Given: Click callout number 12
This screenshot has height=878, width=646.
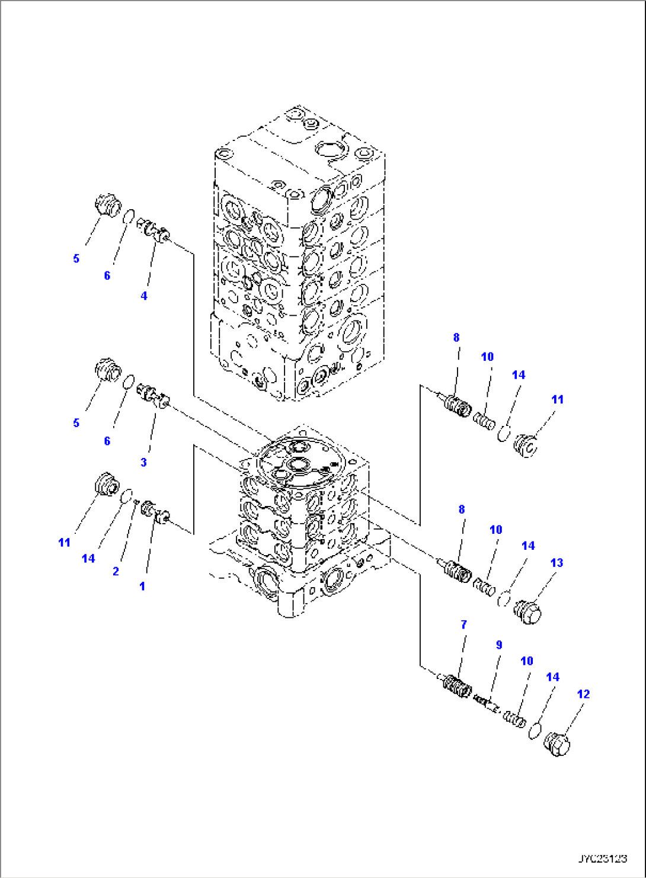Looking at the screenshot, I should [x=583, y=694].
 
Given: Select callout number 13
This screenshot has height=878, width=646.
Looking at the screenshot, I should [x=557, y=563].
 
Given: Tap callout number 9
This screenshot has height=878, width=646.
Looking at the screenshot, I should [x=499, y=645].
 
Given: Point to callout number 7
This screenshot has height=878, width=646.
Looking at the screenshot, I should [x=463, y=624].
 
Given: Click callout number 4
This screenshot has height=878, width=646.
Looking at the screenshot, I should [x=144, y=296].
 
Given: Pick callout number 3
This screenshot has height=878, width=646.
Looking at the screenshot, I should [x=143, y=462].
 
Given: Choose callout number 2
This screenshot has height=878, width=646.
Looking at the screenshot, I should [x=116, y=571].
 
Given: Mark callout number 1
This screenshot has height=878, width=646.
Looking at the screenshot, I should [x=142, y=586].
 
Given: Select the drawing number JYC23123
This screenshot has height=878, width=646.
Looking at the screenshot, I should [x=602, y=858].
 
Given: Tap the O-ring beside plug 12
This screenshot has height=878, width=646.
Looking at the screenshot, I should [x=534, y=730].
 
